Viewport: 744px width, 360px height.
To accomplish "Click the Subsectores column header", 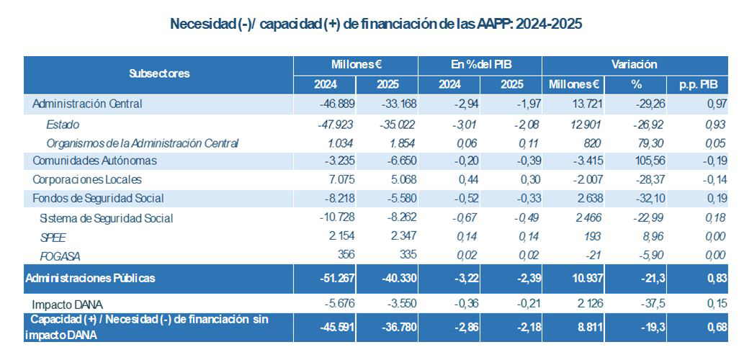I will (x=159, y=73).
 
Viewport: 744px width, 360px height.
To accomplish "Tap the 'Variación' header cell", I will (x=634, y=65).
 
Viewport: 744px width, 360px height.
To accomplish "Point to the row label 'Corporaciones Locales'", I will (x=87, y=179).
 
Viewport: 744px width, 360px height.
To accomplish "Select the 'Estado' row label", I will (x=62, y=125).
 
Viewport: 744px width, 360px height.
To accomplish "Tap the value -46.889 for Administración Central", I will (x=337, y=104).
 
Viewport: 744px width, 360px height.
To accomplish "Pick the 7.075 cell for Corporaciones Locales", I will (x=343, y=179).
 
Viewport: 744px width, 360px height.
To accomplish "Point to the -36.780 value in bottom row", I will (x=398, y=328).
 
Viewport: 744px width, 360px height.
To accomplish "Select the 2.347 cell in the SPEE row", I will (x=403, y=237).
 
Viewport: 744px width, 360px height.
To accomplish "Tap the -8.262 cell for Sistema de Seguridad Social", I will (x=400, y=217).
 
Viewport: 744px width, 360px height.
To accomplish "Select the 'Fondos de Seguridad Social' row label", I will (x=98, y=198).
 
